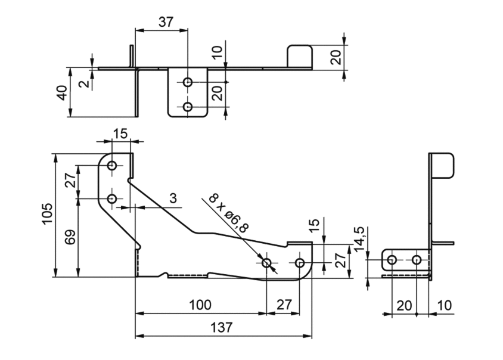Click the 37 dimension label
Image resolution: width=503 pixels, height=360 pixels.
(x=166, y=22)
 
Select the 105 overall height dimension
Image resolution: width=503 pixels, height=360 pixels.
(x=47, y=214)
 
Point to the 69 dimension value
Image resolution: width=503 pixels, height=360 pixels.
(x=70, y=237)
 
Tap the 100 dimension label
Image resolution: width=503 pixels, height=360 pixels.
(x=200, y=305)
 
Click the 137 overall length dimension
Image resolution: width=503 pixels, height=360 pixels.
(x=221, y=328)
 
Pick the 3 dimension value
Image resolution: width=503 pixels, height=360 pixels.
(x=173, y=198)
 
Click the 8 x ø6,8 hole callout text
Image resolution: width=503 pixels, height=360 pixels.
(x=229, y=213)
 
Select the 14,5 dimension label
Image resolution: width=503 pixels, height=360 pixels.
(x=359, y=239)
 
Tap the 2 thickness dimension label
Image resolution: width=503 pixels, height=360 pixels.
(x=84, y=84)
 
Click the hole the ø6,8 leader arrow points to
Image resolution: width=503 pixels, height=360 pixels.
(x=266, y=263)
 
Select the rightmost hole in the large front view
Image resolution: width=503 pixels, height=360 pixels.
(x=300, y=263)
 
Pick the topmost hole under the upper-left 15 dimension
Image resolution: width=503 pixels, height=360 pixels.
(x=112, y=166)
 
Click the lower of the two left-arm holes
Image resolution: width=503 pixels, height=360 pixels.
(x=112, y=199)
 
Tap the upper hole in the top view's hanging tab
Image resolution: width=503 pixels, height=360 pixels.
(x=188, y=82)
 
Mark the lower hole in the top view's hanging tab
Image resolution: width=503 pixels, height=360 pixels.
(x=188, y=107)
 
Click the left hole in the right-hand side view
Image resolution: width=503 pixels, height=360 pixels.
(x=392, y=260)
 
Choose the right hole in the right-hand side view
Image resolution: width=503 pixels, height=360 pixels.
(x=417, y=260)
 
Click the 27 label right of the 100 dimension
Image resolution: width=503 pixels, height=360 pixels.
(x=284, y=305)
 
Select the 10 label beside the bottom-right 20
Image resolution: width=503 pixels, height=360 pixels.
(x=444, y=305)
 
